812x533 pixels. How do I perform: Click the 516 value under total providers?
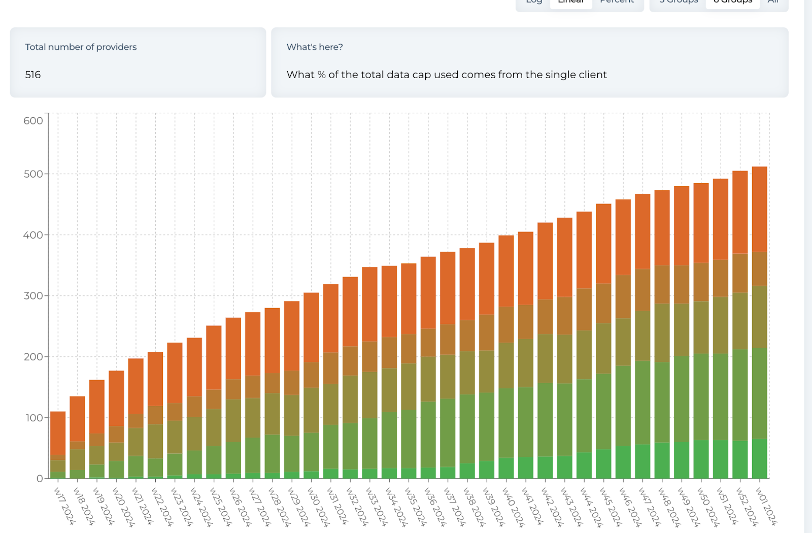[x=33, y=75]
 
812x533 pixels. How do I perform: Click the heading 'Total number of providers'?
[x=81, y=47]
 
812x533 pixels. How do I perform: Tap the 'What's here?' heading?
[x=315, y=47]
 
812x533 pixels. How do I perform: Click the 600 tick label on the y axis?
[x=33, y=121]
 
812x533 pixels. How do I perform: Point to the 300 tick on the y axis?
[x=33, y=295]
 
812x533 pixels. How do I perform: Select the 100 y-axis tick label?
[x=33, y=418]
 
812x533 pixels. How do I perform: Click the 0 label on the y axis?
[x=40, y=478]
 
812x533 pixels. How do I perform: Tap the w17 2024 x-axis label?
[x=64, y=506]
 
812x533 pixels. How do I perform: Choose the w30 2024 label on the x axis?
[x=318, y=506]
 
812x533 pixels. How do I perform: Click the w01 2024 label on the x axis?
[x=766, y=506]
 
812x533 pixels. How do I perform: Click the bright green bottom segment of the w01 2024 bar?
[x=759, y=458]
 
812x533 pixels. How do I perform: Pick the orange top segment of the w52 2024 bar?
[x=740, y=212]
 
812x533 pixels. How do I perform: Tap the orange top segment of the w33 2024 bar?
[x=369, y=304]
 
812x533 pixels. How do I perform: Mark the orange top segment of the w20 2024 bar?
[x=116, y=398]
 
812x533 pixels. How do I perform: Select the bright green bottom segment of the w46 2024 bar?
[x=623, y=462]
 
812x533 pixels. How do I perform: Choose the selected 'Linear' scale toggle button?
[x=571, y=3]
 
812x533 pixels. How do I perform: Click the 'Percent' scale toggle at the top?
[x=617, y=3]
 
